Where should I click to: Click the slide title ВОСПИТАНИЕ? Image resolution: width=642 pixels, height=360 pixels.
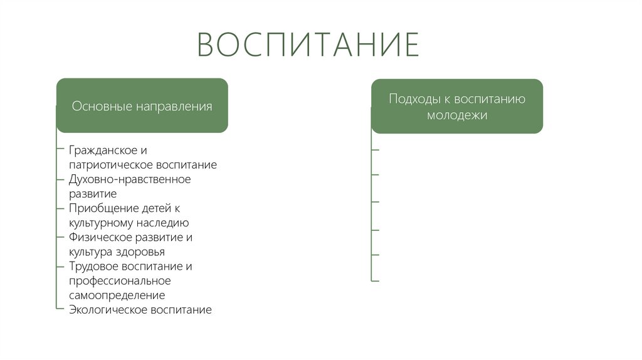308,45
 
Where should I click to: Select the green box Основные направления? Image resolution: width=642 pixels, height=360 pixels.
142,105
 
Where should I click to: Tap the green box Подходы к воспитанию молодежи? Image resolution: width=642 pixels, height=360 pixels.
456,106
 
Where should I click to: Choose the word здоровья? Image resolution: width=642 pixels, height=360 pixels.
140,252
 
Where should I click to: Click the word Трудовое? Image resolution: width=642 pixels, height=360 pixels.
93,267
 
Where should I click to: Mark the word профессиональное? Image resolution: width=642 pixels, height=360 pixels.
120,281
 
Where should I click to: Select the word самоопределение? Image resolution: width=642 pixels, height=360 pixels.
117,295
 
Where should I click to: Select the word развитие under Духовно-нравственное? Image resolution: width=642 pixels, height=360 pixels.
93,194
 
